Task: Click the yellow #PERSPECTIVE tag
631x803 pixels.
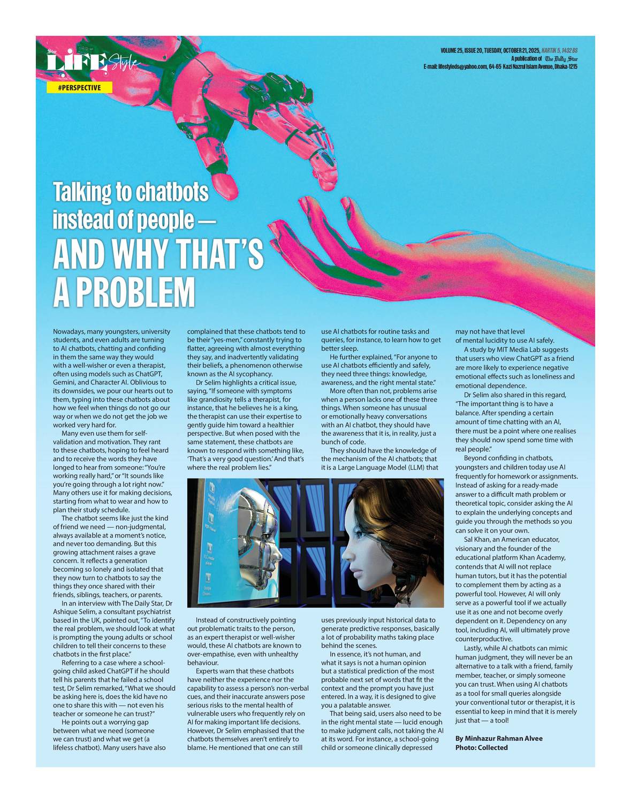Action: (79, 88)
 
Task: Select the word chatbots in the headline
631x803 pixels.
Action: (171, 192)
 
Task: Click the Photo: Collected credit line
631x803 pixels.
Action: (481, 747)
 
